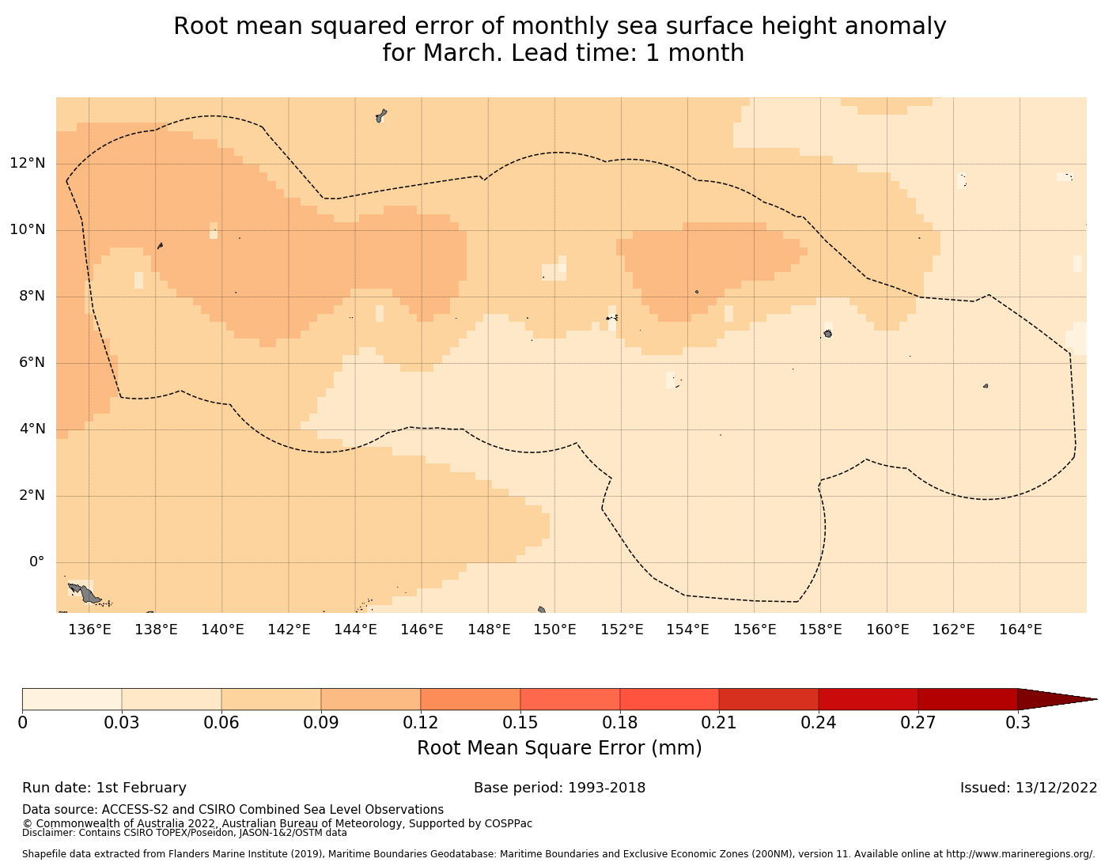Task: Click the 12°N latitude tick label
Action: point(27,164)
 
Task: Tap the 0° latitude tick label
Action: point(36,562)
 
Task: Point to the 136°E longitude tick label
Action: point(89,630)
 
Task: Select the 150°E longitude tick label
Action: point(554,630)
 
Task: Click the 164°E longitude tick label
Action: point(1020,630)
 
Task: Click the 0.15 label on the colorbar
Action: point(520,723)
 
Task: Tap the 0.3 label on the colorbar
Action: point(1017,723)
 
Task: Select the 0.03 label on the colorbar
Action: point(122,723)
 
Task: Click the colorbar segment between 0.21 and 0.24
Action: point(768,699)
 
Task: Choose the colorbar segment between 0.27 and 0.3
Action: point(967,699)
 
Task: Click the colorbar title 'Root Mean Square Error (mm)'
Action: point(559,748)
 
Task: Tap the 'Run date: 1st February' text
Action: point(104,788)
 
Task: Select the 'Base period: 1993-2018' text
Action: point(559,788)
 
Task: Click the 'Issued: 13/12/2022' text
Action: point(1028,788)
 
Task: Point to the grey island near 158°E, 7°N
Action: point(827,334)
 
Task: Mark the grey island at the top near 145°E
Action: point(381,115)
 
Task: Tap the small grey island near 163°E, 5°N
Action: point(986,386)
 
